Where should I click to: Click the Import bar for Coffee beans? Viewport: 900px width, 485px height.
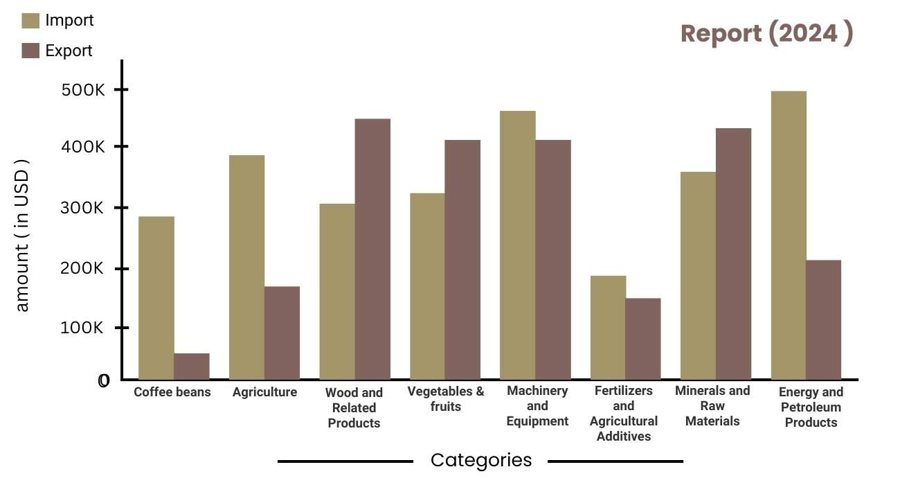156,298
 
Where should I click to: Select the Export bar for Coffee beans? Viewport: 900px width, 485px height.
192,367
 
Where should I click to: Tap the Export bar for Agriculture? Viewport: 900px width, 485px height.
282,333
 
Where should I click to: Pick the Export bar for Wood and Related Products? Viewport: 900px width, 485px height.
372,249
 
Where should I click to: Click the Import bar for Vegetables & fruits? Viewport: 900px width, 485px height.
427,286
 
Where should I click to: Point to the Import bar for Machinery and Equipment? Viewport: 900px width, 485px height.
517,245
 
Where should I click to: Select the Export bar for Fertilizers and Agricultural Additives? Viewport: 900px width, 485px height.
642,339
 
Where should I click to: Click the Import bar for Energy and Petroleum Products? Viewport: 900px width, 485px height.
789,236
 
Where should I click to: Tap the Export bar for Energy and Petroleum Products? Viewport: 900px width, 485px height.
823,319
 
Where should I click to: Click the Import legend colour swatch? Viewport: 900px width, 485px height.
30,20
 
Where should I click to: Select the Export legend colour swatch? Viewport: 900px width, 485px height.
30,50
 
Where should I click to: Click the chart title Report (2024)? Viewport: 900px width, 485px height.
766,33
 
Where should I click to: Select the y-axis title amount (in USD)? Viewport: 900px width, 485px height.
22,238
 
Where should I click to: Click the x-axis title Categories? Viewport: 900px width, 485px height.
481,460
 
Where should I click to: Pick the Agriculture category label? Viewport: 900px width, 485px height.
264,392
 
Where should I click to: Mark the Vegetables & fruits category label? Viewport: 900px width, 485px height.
446,398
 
